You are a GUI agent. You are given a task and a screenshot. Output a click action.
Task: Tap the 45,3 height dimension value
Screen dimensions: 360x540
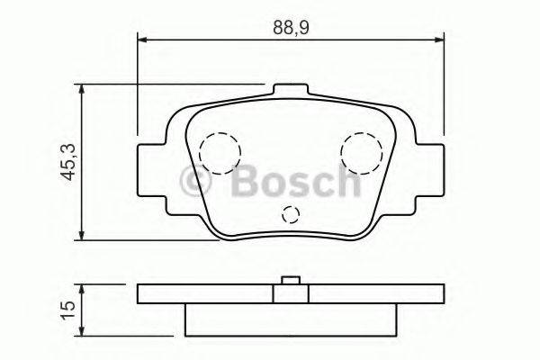click(66, 163)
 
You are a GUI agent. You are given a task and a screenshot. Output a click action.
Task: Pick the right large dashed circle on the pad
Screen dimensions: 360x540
click(362, 149)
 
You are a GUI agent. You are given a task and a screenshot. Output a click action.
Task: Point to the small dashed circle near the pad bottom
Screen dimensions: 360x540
click(290, 214)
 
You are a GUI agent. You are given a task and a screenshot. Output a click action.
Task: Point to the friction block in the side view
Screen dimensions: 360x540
click(290, 319)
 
